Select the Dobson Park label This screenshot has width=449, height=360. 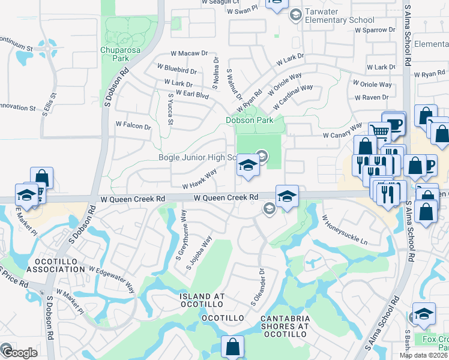pyautogui.click(x=249, y=120)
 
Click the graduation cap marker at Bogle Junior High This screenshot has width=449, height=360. pyautogui.click(x=247, y=164)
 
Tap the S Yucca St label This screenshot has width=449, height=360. pyautogui.click(x=170, y=109)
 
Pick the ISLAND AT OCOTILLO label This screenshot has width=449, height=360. pyautogui.click(x=203, y=301)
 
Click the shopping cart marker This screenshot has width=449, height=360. pyautogui.click(x=379, y=131)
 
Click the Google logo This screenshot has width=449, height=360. pyautogui.click(x=20, y=353)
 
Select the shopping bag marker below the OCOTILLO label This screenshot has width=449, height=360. pyautogui.click(x=232, y=346)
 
